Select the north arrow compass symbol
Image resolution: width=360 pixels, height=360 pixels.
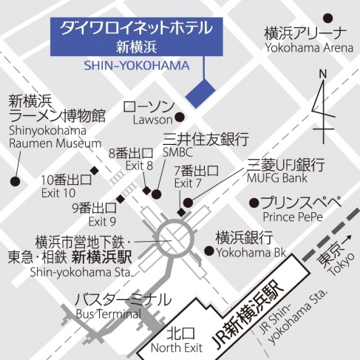click(322, 103)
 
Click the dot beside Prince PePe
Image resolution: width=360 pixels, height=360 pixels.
click(254, 202)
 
